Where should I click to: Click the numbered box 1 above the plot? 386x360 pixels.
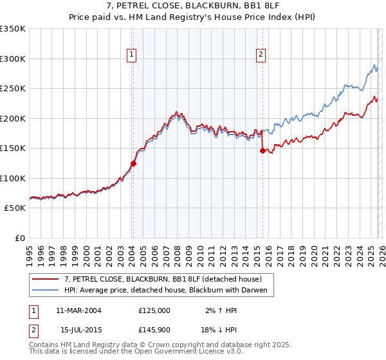(x=131, y=55)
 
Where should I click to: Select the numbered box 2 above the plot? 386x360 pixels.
(x=261, y=55)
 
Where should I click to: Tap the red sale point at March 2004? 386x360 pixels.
(x=133, y=163)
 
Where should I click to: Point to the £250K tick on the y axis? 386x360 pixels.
(x=13, y=88)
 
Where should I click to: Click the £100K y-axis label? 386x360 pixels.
(x=13, y=178)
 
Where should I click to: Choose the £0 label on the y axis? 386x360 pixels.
(x=19, y=238)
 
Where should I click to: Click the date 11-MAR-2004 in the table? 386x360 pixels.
(x=78, y=310)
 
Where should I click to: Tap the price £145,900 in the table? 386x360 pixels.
(x=154, y=330)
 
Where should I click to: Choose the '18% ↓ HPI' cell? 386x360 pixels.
(x=218, y=330)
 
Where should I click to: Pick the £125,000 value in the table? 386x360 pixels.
(x=154, y=310)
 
